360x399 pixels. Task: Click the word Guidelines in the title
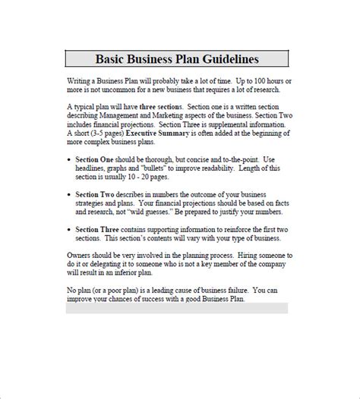click(226, 58)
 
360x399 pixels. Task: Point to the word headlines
click(105, 168)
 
